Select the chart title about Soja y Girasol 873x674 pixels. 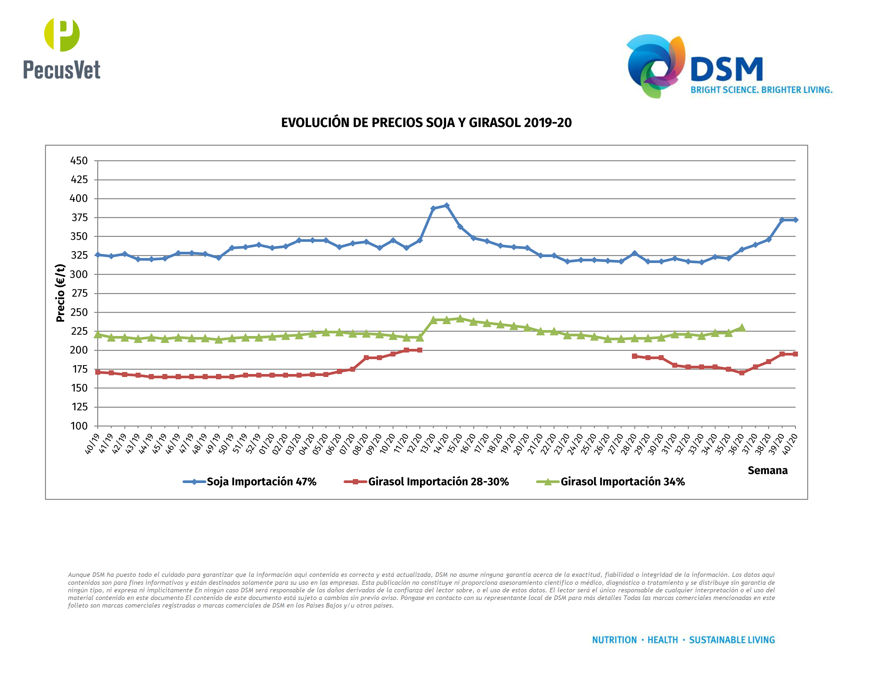click(x=426, y=123)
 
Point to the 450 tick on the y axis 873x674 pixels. click(x=79, y=161)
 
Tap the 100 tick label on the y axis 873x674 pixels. click(x=79, y=426)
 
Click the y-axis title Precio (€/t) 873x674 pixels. click(x=61, y=293)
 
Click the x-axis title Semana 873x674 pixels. click(x=768, y=470)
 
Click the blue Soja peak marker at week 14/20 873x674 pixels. click(x=446, y=206)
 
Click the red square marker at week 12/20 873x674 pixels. click(x=420, y=350)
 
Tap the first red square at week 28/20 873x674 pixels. click(x=634, y=356)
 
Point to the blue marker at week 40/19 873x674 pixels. click(x=98, y=255)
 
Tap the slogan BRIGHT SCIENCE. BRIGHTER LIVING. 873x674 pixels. click(x=761, y=90)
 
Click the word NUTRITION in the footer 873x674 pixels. click(x=614, y=640)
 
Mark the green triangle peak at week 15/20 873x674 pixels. click(x=460, y=318)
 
